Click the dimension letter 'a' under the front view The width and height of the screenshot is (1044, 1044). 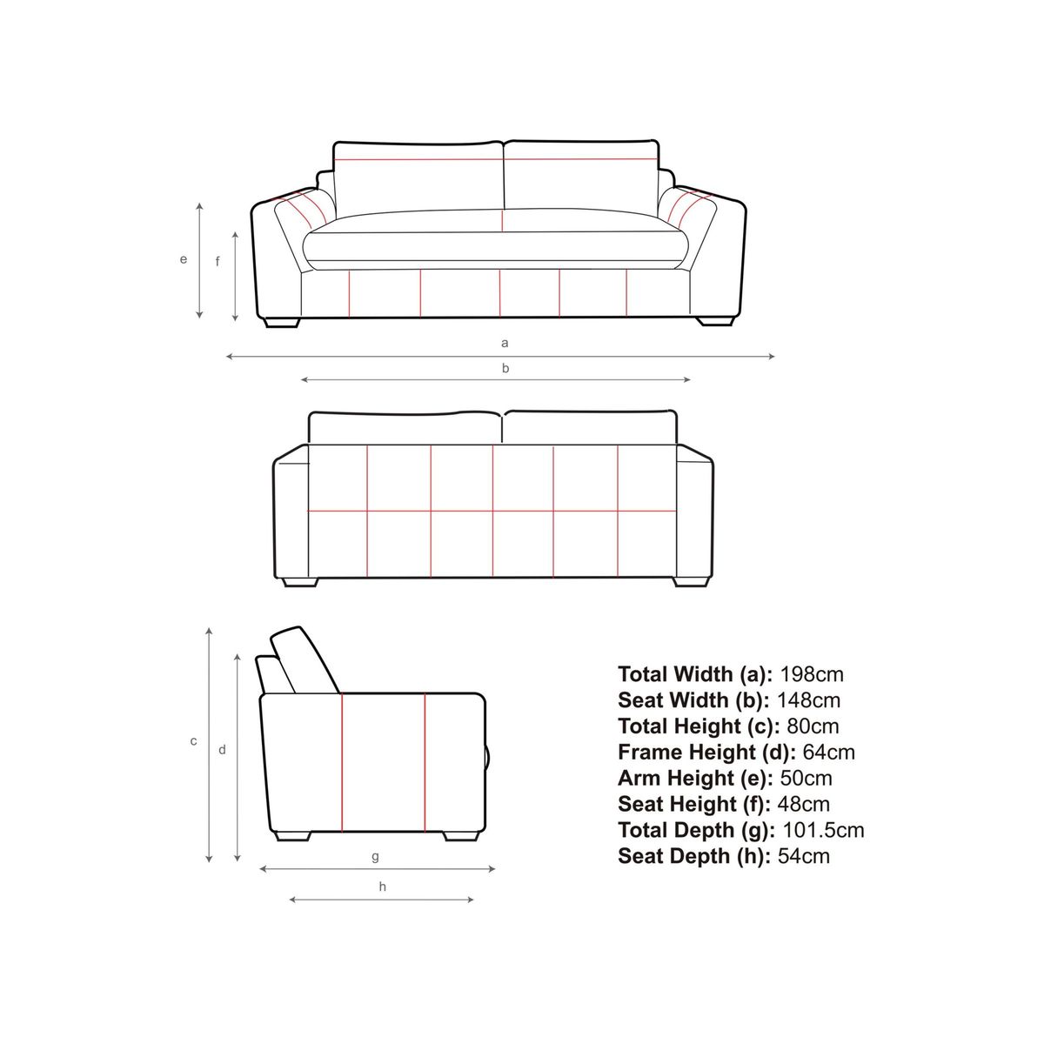[x=505, y=343]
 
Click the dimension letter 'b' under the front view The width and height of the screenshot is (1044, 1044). [x=505, y=368]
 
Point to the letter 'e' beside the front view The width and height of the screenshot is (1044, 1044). [x=184, y=259]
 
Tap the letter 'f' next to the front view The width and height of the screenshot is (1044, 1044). [x=217, y=262]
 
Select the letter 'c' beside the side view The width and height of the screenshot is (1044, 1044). [x=193, y=741]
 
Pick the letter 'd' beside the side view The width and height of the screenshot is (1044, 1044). [x=222, y=750]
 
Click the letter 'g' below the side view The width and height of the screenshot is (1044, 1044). [x=376, y=857]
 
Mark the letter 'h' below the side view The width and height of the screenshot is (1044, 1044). [x=383, y=887]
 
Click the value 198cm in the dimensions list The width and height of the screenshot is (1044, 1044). [x=812, y=674]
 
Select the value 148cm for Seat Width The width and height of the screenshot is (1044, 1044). [x=809, y=700]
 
